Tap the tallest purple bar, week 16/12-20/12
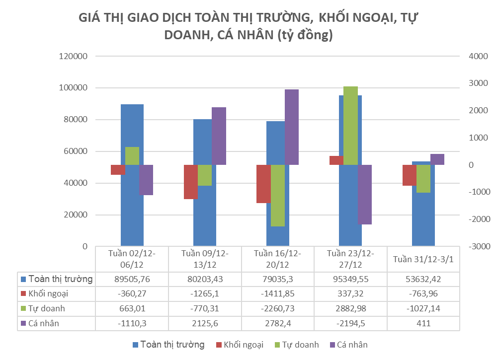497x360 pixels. tap(292, 127)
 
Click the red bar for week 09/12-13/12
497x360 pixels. tap(191, 182)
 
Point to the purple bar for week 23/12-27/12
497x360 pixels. tap(364, 194)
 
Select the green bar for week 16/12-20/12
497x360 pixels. tap(278, 195)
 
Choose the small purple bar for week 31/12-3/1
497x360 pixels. tap(437, 159)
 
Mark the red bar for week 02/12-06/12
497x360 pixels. tap(118, 169)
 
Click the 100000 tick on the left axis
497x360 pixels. tap(74, 88)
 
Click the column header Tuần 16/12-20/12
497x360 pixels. tap(277, 258)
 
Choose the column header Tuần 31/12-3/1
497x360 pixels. tap(423, 259)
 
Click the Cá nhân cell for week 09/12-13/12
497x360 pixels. tap(205, 323)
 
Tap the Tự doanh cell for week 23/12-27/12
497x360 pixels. tap(350, 308)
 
